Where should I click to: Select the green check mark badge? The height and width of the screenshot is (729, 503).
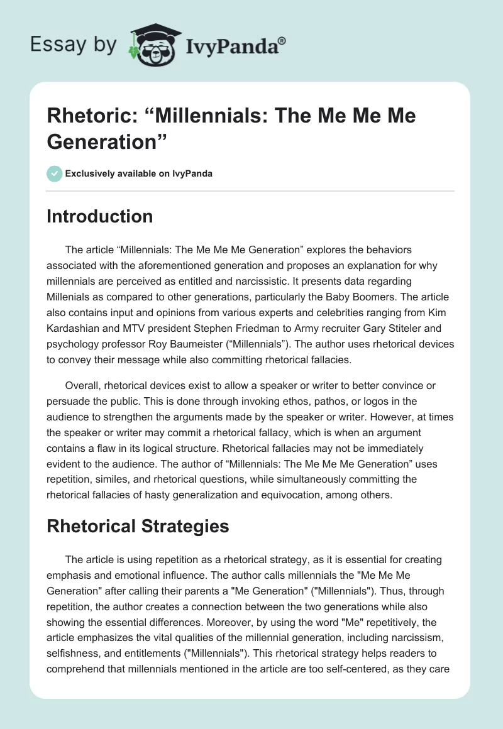point(55,173)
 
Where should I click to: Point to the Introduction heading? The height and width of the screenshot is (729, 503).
point(100,216)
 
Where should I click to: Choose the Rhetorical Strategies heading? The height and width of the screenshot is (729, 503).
point(138,526)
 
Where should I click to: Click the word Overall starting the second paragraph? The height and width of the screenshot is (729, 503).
point(83,385)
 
